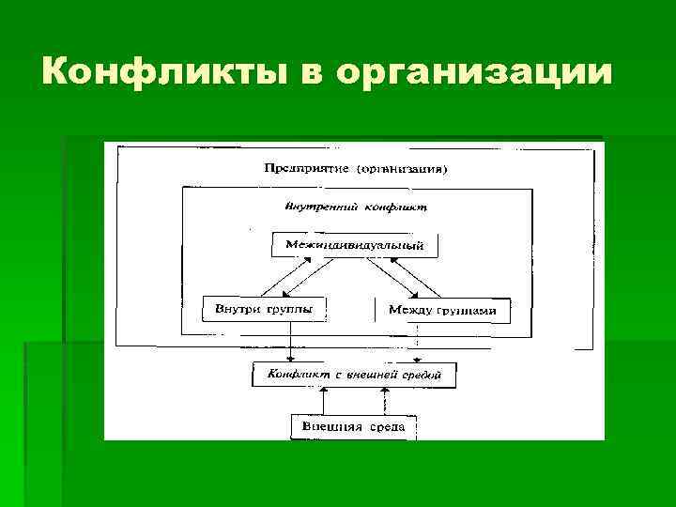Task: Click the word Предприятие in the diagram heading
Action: click(303, 170)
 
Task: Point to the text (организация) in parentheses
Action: click(401, 170)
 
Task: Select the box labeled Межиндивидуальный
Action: click(355, 245)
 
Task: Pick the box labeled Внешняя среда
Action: click(353, 427)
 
